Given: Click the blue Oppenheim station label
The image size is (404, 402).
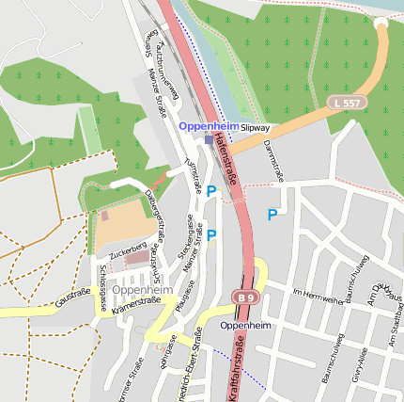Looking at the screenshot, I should [x=209, y=126].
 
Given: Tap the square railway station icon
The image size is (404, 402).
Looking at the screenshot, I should [x=210, y=139].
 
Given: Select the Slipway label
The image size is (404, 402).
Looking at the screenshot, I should [x=255, y=127].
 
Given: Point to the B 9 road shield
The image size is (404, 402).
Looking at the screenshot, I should [x=244, y=297].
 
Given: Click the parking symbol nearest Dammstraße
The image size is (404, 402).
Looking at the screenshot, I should [x=272, y=215].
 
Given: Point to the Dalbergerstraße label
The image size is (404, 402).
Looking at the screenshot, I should [x=153, y=216].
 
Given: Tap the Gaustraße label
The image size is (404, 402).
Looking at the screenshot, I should [x=72, y=298].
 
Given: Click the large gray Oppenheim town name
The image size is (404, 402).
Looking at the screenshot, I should [x=142, y=291].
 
